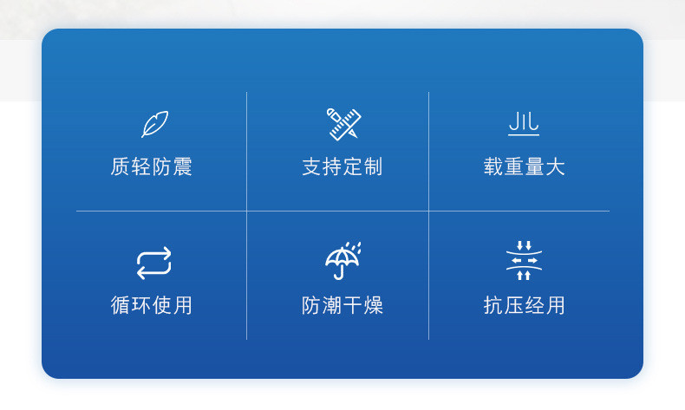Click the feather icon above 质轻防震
154,124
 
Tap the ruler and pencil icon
342,124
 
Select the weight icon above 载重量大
524,124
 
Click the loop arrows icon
153,263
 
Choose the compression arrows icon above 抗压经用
524,261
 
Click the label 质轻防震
152,166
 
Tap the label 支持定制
342,166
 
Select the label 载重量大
524,166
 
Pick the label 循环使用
152,305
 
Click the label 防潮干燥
342,305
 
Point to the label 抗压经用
524,305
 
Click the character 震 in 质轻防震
182,166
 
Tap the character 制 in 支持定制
373,166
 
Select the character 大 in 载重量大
555,166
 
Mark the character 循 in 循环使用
121,305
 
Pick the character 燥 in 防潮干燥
373,305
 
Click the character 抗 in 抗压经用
493,305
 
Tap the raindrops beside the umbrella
356,249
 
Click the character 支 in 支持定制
312,166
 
